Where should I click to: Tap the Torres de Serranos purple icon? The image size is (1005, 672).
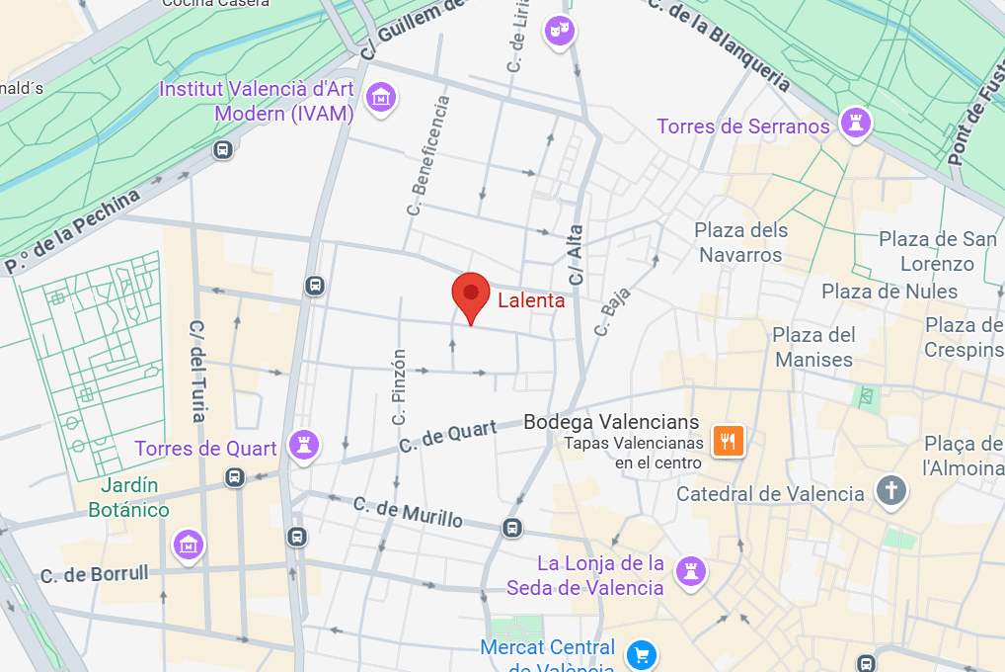pyautogui.click(x=851, y=125)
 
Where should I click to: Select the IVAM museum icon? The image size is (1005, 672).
pyautogui.click(x=380, y=97)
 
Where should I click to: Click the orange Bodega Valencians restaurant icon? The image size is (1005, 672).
pyautogui.click(x=728, y=440)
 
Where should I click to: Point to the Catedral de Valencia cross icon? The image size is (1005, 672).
pyautogui.click(x=890, y=491)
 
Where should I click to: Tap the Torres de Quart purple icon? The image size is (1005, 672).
pyautogui.click(x=302, y=446)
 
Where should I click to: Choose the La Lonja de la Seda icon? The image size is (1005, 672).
pyautogui.click(x=689, y=570)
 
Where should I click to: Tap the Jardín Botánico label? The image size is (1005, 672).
pyautogui.click(x=128, y=497)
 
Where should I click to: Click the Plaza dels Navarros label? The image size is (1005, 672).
pyautogui.click(x=741, y=242)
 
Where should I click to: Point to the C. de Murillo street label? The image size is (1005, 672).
pyautogui.click(x=408, y=512)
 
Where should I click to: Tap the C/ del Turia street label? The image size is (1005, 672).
pyautogui.click(x=197, y=371)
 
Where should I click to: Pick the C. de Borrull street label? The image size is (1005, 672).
pyautogui.click(x=94, y=573)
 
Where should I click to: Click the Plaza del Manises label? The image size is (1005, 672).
pyautogui.click(x=813, y=347)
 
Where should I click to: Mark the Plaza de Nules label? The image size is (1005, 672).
pyautogui.click(x=889, y=291)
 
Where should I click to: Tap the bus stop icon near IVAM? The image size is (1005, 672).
pyautogui.click(x=223, y=149)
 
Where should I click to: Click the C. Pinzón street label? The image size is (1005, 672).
pyautogui.click(x=399, y=388)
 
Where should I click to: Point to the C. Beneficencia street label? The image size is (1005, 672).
pyautogui.click(x=427, y=155)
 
